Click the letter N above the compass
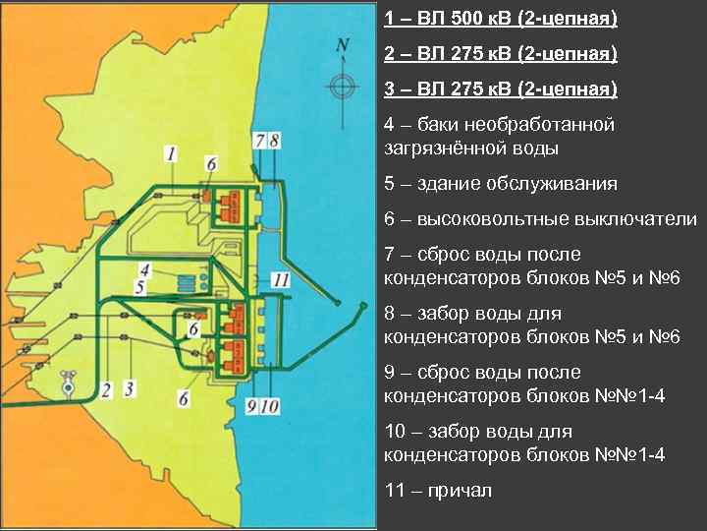point(342,45)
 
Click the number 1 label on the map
point(171,153)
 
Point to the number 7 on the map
point(259,141)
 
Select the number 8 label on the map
point(274,141)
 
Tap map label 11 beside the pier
point(281,280)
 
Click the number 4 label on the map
point(144,268)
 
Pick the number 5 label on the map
point(140,287)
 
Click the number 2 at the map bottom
point(105,389)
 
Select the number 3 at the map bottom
point(129,389)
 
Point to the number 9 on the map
point(253,405)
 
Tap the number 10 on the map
point(270,405)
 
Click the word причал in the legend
point(461,490)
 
